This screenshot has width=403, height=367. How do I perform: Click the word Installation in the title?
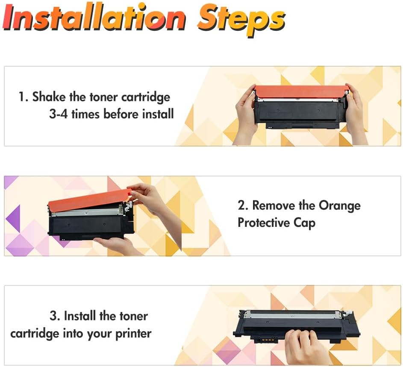94,17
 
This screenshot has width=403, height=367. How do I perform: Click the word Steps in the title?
241,20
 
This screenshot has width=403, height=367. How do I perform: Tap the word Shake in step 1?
49,97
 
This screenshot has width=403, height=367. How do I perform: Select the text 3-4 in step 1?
59,114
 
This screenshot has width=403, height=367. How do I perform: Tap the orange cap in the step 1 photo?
301,91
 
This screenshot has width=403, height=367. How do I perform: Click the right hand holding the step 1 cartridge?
355,113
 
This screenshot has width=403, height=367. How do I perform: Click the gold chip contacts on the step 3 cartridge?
265,340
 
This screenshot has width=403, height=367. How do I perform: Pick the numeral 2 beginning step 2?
241,206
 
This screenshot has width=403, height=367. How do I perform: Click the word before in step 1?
121,114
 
